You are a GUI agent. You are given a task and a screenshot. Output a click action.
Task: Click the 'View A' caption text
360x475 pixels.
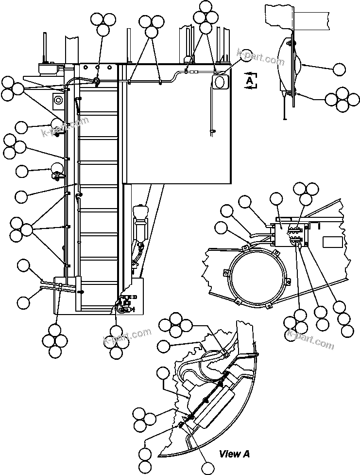pos(234,454)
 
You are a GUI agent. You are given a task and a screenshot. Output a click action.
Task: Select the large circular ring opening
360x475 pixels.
pos(255,277)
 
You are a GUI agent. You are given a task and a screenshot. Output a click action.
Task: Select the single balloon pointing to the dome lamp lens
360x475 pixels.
pos(341,69)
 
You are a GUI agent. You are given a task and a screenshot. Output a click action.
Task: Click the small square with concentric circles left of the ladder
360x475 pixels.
pos(58,101)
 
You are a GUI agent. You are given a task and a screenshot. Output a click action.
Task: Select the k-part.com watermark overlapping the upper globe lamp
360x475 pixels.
pos(66,127)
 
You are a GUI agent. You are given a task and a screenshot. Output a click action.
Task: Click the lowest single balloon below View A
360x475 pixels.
pos(207,469)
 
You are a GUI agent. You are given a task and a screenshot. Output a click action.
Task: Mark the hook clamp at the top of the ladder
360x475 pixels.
pos(97,81)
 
